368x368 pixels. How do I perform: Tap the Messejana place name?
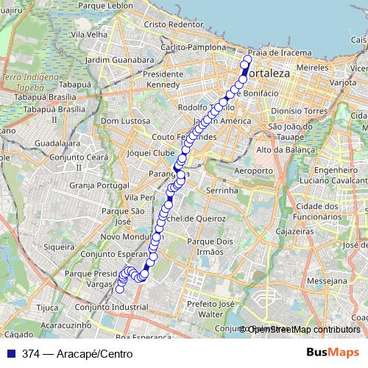(328, 281)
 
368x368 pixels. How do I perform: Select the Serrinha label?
(222, 190)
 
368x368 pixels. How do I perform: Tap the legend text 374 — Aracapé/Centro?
(72, 353)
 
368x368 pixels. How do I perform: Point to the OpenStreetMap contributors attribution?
(302, 330)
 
